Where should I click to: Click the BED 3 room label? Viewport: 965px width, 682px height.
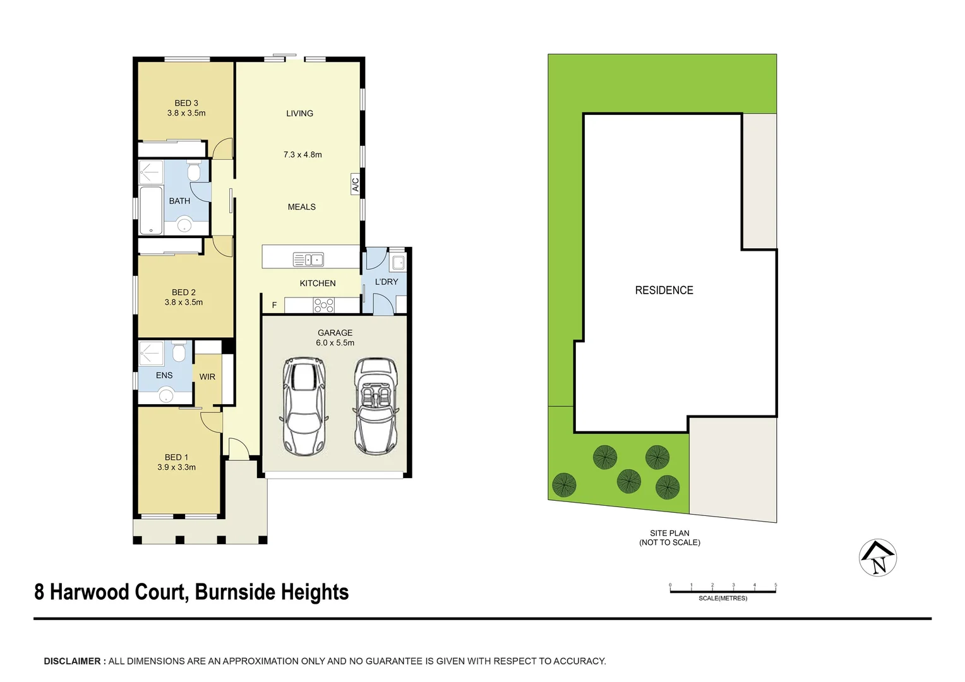tap(186, 103)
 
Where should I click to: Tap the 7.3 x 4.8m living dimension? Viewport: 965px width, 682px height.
tap(303, 155)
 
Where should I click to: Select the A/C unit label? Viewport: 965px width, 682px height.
tap(356, 184)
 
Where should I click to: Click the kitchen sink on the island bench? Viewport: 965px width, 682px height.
tap(308, 260)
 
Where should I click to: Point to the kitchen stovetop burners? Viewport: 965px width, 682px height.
tap(323, 306)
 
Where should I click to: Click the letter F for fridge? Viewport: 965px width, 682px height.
tap(274, 306)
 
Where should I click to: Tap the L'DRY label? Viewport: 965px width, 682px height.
tap(387, 282)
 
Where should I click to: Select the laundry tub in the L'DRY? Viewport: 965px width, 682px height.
tap(398, 262)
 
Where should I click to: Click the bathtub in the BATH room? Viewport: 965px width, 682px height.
tap(151, 210)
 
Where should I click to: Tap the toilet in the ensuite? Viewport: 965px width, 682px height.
tap(179, 352)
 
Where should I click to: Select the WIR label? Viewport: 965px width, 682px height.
tap(207, 377)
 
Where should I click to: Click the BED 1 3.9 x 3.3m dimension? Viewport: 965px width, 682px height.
tap(176, 467)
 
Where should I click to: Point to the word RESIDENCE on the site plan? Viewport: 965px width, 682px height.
tap(664, 290)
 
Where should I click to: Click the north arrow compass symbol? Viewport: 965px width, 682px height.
tap(878, 558)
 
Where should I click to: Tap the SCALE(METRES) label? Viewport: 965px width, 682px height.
tap(722, 598)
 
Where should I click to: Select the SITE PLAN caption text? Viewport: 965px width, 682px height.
tap(669, 533)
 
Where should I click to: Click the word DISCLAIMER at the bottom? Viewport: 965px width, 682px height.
tap(73, 661)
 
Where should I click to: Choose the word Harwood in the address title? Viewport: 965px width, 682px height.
tap(117, 592)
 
